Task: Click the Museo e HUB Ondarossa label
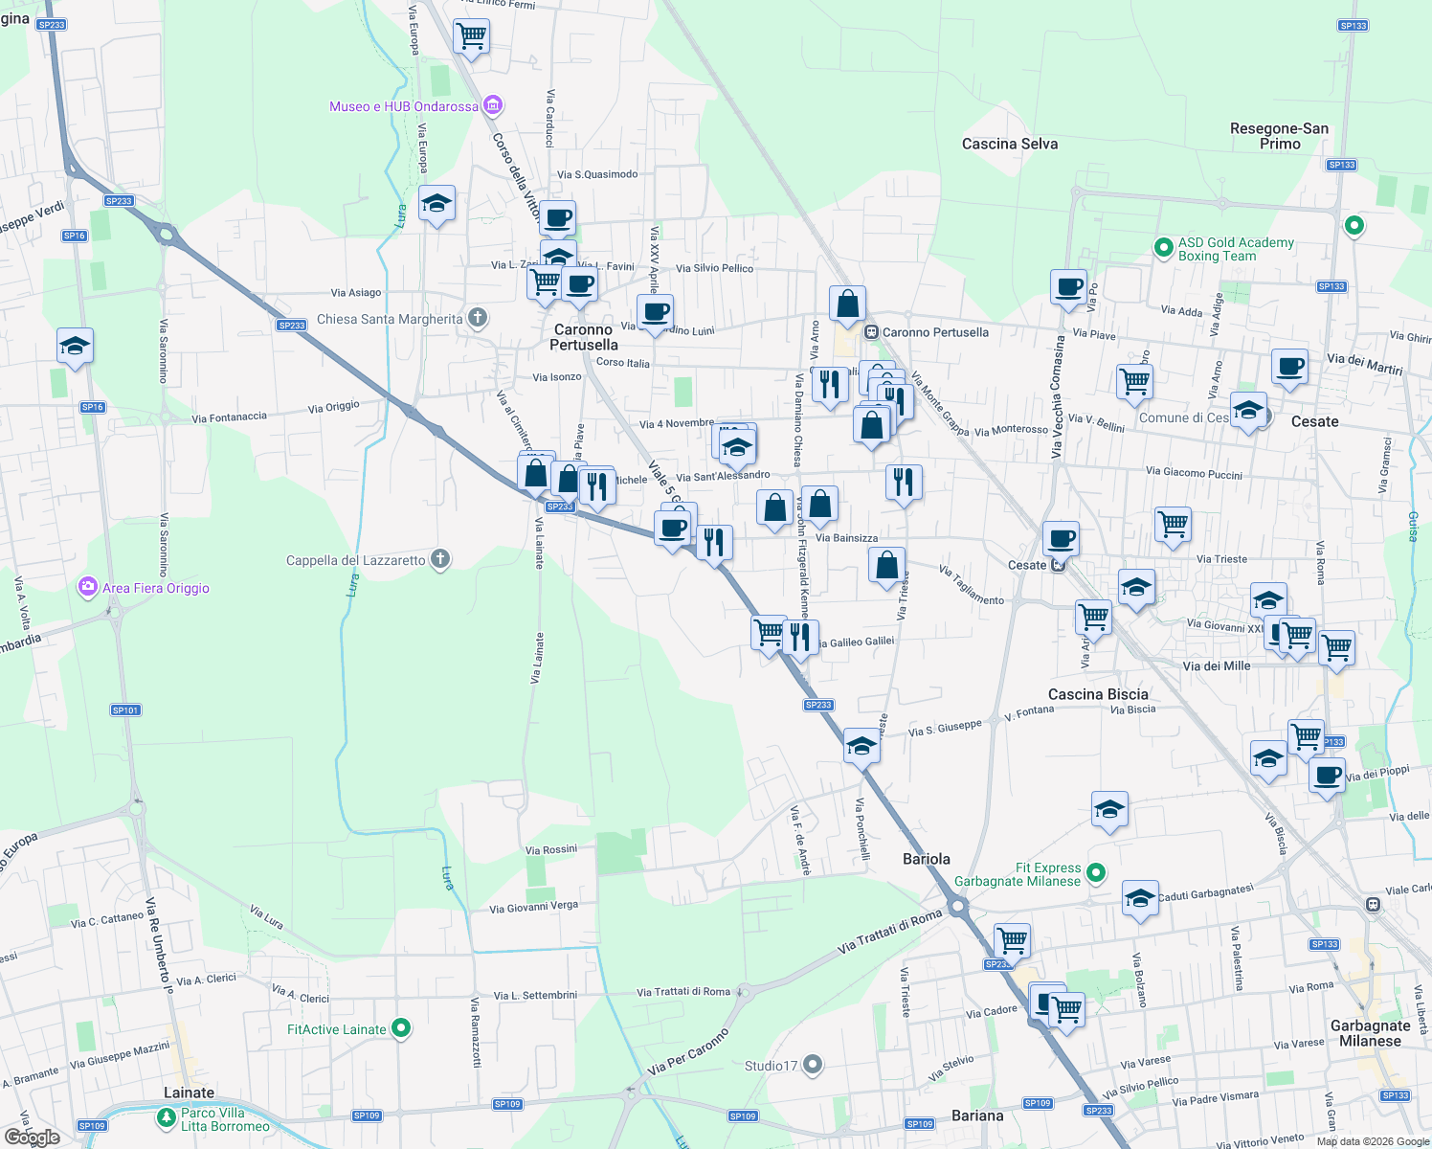pos(403,106)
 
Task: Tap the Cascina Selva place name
pos(1009,144)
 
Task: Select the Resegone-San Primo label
pos(1279,136)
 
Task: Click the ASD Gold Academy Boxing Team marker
pos(1163,249)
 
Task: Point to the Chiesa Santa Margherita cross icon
pos(478,318)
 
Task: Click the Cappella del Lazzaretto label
pos(355,560)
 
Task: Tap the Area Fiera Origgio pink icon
pos(88,587)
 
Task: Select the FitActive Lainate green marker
pos(402,1028)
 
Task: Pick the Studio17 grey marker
pos(813,1064)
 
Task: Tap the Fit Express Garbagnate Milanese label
pos(1017,874)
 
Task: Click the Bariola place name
pos(926,859)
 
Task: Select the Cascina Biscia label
pos(1097,694)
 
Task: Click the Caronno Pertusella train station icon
pos(871,332)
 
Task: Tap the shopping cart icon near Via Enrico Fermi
pos(471,36)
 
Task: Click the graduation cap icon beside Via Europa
pos(436,203)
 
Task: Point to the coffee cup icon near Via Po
pos(1068,285)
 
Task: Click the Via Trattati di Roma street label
pos(889,933)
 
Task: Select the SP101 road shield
pos(125,710)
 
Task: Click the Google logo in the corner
pos(32,1137)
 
